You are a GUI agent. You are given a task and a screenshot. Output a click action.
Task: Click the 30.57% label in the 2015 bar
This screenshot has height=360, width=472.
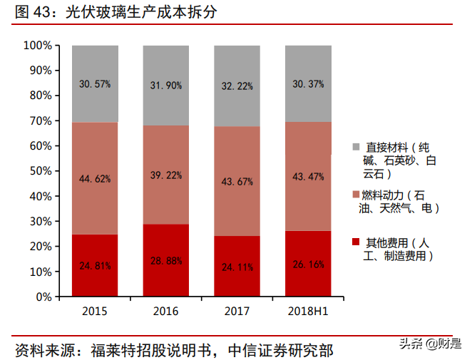coord(95,84)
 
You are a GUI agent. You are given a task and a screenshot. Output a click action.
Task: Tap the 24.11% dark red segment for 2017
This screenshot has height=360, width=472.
coord(237,268)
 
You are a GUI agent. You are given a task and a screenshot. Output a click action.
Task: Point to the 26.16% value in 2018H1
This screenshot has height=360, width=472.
coord(308,264)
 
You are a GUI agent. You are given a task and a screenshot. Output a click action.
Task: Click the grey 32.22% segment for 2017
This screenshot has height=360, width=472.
coord(237,86)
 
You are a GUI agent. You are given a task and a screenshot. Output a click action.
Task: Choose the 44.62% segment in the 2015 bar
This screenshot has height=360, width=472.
coord(95,179)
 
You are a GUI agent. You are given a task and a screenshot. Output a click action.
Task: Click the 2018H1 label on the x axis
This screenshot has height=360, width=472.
coord(308,312)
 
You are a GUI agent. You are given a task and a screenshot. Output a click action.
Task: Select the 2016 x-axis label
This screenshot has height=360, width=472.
coord(166,312)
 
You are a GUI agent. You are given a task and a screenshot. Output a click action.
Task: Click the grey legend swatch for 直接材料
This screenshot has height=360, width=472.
coord(355,147)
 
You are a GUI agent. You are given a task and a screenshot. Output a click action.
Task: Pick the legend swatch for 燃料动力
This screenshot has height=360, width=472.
coord(355,195)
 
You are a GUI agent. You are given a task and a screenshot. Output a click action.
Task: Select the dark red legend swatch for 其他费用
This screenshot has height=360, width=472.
coord(355,242)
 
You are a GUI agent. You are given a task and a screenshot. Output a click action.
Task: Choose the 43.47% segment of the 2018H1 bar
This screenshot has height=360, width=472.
coord(308,176)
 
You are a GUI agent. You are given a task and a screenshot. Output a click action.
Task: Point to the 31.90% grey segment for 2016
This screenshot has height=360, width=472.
coord(166,85)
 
